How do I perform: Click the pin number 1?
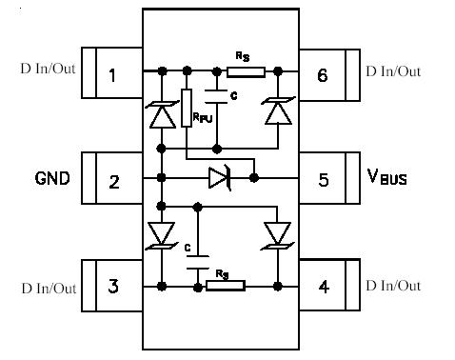pyautogui.click(x=112, y=73)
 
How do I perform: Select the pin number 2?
pyautogui.click(x=113, y=180)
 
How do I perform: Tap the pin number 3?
pyautogui.click(x=113, y=286)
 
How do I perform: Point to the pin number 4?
pyautogui.click(x=323, y=286)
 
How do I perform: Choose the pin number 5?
pyautogui.click(x=323, y=179)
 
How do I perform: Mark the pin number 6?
pyautogui.click(x=323, y=73)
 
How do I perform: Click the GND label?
pyautogui.click(x=52, y=178)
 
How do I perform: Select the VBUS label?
pyautogui.click(x=387, y=177)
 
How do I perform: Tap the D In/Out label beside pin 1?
pyautogui.click(x=48, y=70)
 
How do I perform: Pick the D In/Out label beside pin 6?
pyautogui.click(x=393, y=70)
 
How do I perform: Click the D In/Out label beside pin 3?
pyautogui.click(x=48, y=288)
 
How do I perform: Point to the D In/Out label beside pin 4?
pyautogui.click(x=393, y=285)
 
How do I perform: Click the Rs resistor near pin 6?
pyautogui.click(x=245, y=70)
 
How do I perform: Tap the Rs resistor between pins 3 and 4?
pyautogui.click(x=226, y=285)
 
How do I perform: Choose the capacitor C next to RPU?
pyautogui.click(x=218, y=94)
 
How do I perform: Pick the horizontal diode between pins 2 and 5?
pyautogui.click(x=220, y=177)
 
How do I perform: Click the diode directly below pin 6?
pyautogui.click(x=278, y=112)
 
